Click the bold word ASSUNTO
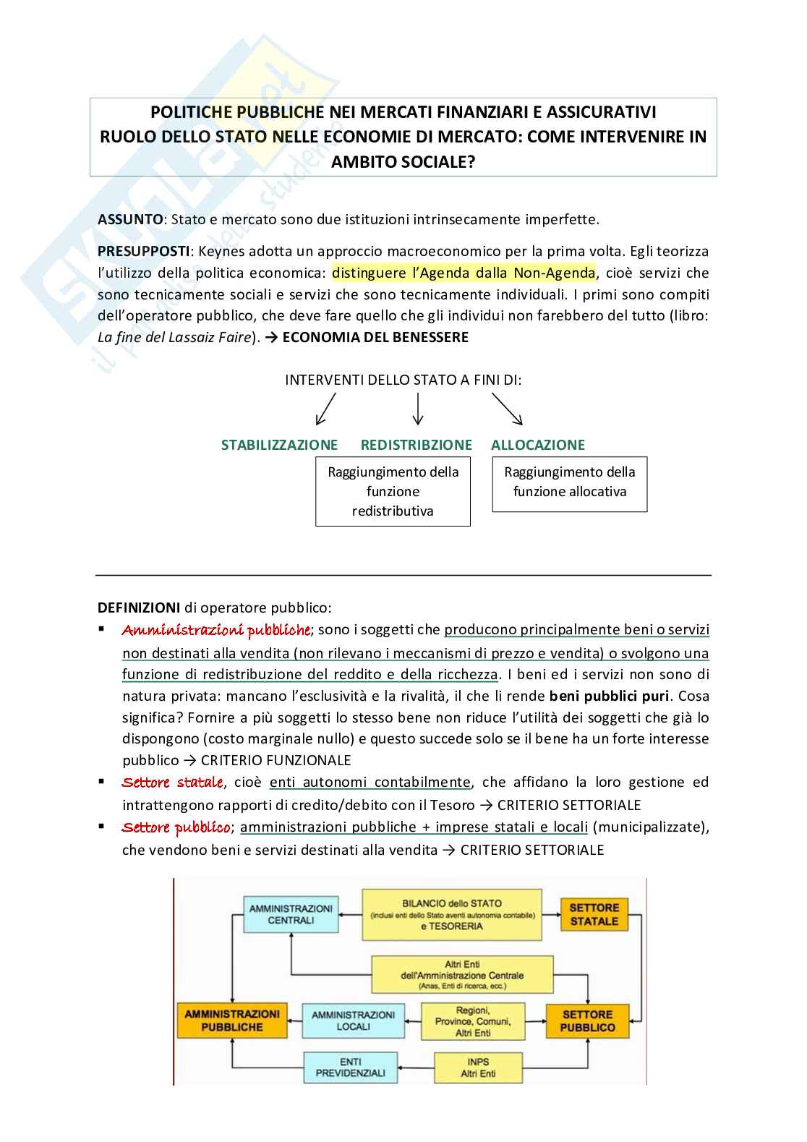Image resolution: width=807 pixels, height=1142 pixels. (x=130, y=219)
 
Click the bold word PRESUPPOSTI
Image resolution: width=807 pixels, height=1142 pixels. (x=143, y=251)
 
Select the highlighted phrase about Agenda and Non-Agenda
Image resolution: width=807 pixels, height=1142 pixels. (x=464, y=273)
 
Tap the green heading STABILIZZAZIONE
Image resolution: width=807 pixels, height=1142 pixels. (x=279, y=445)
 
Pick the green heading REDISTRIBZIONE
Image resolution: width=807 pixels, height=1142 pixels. (x=416, y=445)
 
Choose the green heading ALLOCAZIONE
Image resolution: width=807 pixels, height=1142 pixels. (x=538, y=445)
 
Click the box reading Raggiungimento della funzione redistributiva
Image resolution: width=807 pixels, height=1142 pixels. (x=393, y=492)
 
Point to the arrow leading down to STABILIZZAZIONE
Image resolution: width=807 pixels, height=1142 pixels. (x=325, y=409)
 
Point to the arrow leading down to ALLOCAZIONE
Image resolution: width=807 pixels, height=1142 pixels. (x=508, y=409)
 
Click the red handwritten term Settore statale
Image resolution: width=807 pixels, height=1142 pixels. (x=172, y=783)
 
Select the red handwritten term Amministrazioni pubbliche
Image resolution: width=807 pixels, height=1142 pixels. (x=215, y=631)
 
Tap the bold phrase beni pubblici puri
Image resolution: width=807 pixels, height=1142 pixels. (x=609, y=696)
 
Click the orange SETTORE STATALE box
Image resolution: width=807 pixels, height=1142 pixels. (x=594, y=915)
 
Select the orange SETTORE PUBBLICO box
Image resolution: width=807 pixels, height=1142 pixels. (x=587, y=1021)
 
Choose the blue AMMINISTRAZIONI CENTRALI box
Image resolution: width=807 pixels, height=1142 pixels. (x=291, y=915)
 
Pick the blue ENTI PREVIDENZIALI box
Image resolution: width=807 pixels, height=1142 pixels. (x=350, y=1068)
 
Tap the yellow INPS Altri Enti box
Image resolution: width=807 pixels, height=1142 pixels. (x=478, y=1068)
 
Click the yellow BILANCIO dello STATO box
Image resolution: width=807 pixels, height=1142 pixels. (x=452, y=915)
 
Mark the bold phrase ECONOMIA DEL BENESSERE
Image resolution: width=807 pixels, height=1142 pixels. (x=375, y=337)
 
